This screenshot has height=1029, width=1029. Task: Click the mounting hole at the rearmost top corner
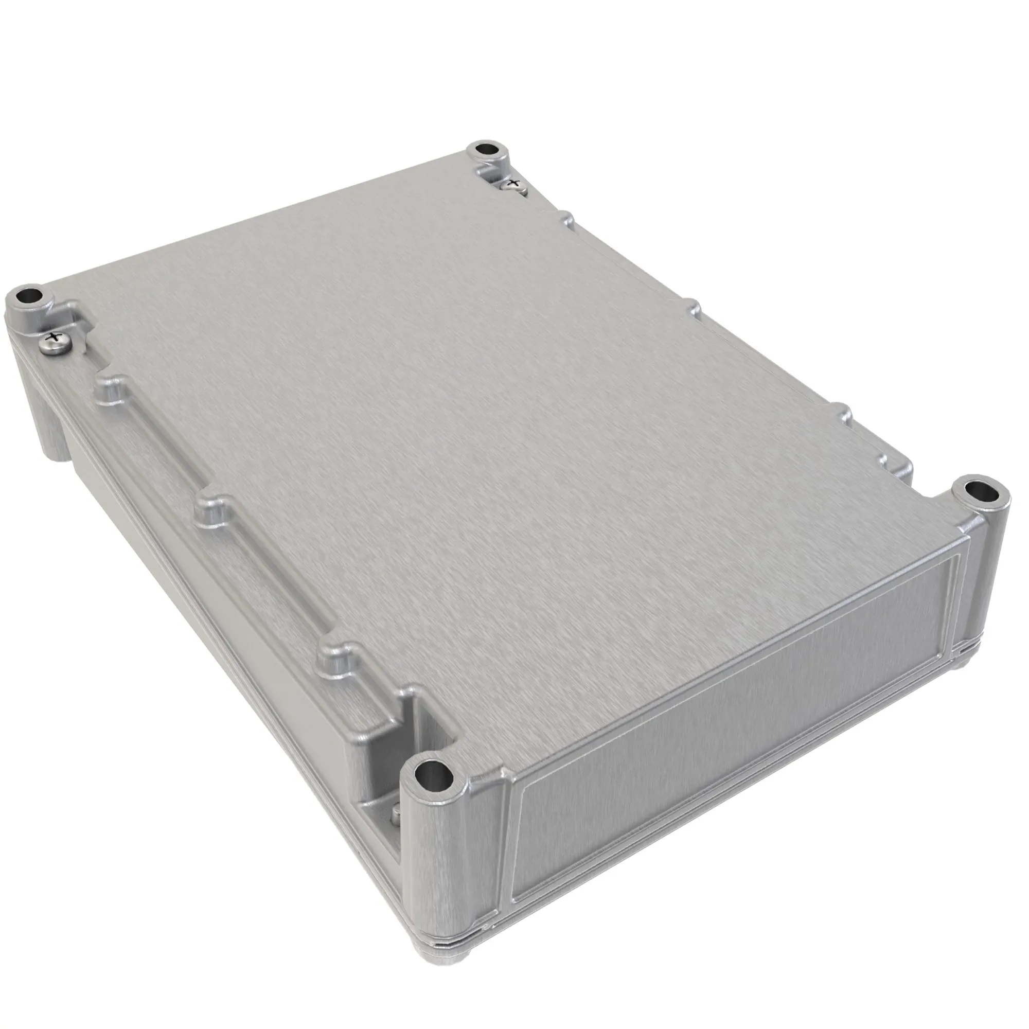pyautogui.click(x=486, y=149)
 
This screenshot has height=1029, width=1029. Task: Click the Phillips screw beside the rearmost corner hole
pyautogui.click(x=513, y=184)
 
